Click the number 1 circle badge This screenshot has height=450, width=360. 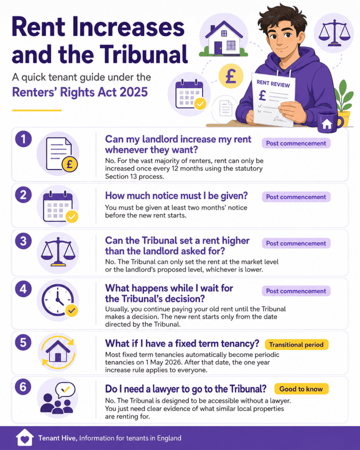(23, 139)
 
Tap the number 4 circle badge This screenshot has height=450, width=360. (23, 289)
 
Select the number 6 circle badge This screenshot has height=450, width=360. (23, 387)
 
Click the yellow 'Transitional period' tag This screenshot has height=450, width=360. (296, 345)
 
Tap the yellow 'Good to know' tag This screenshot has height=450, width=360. (301, 389)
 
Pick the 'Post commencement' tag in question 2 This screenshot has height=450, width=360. (296, 197)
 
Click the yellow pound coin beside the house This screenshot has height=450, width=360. (231, 76)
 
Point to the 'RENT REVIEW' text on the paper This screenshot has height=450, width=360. (273, 83)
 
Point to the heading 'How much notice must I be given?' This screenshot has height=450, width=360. (176, 196)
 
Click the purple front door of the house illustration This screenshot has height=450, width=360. (218, 48)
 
